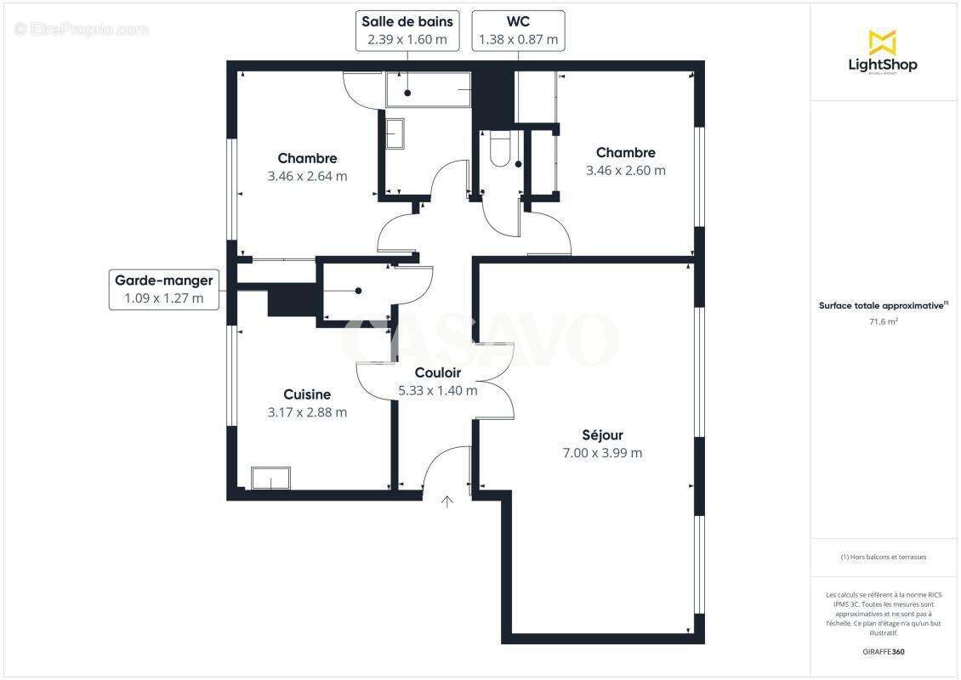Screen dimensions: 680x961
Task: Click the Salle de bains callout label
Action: [x=407, y=31]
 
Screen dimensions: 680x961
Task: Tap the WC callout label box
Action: [x=518, y=31]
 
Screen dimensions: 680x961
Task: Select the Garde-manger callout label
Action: [x=163, y=289]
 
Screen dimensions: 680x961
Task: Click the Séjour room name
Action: [x=602, y=435]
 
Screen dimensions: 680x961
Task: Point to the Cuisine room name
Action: [x=306, y=394]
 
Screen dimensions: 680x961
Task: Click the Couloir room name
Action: [x=437, y=372]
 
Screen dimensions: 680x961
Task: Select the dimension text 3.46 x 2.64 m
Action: [x=307, y=176]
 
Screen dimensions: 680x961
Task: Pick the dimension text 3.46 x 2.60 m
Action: [x=625, y=170]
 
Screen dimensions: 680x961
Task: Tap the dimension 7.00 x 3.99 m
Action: [x=602, y=453]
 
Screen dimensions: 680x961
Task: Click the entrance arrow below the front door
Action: [x=447, y=501]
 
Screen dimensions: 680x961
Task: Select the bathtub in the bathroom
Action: [x=428, y=89]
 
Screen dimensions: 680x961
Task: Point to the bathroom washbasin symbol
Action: [x=395, y=133]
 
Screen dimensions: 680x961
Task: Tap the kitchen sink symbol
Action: [x=270, y=479]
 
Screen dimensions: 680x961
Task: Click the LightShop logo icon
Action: [x=882, y=42]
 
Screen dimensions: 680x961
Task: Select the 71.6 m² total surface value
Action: [x=884, y=321]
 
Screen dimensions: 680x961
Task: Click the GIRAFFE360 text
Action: [x=884, y=652]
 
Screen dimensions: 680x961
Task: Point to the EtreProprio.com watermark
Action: [x=82, y=29]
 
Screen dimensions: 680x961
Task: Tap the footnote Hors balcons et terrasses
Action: [x=884, y=557]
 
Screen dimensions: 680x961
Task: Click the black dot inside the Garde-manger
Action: [x=358, y=291]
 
